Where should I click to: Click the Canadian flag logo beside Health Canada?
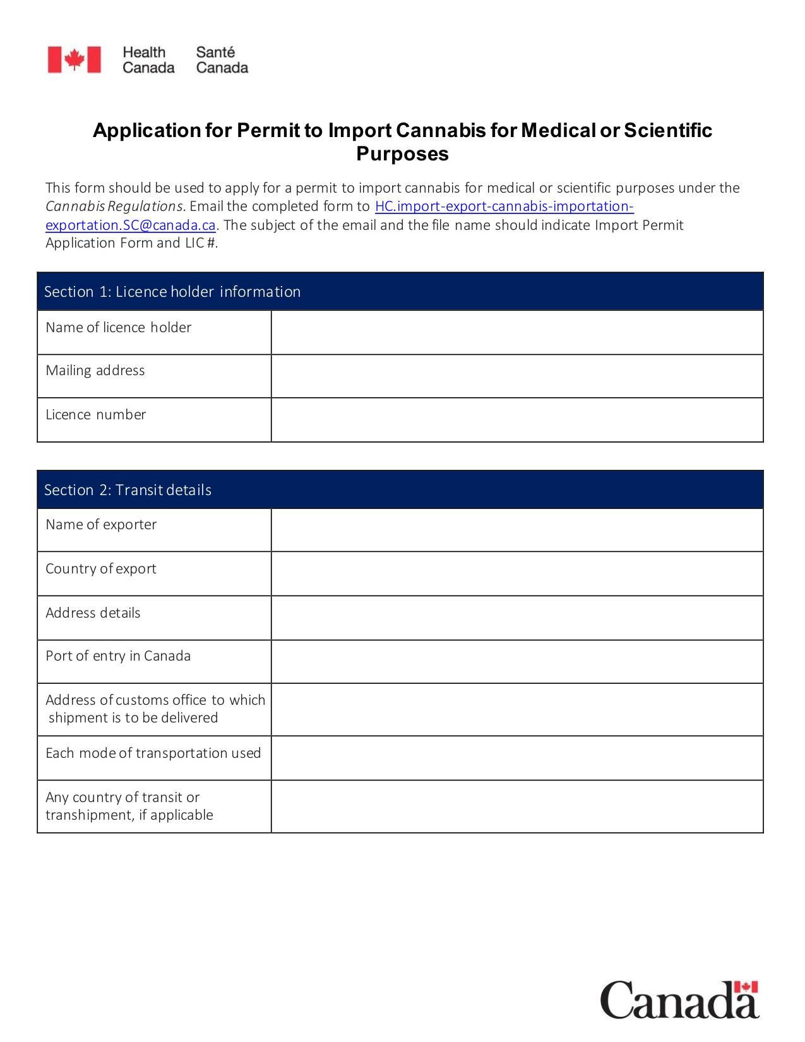pos(74,60)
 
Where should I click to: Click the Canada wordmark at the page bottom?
pos(679,1000)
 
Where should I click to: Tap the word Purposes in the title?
pos(402,153)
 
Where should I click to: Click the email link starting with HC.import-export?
pos(504,207)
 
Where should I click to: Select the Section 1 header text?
pos(172,292)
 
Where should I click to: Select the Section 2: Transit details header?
pos(128,490)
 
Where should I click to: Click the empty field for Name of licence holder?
pos(516,332)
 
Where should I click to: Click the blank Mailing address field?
pos(516,376)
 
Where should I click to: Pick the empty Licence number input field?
pos(516,420)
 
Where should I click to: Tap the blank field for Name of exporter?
pos(516,530)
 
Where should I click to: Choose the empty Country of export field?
pos(516,573)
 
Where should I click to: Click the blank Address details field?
pos(516,618)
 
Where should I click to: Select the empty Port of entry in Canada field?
pos(516,661)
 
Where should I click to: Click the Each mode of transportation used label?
pos(153,753)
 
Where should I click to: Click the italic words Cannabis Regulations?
pos(114,207)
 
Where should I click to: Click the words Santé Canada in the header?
pos(222,60)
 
